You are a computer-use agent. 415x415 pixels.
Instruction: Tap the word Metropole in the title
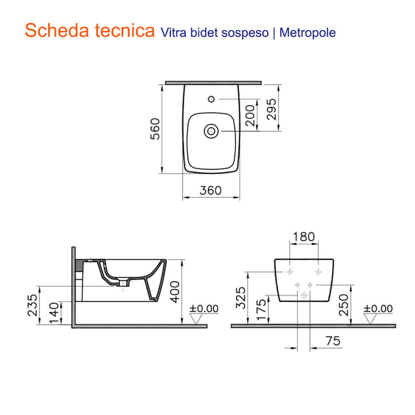point(308,33)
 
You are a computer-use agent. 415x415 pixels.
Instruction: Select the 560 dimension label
point(154,129)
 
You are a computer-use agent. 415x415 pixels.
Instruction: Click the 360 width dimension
point(211,190)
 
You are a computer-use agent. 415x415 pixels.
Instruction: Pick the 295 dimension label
point(271,109)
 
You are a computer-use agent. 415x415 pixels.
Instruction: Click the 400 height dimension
point(176,292)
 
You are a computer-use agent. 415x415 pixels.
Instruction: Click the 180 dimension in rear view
point(303,237)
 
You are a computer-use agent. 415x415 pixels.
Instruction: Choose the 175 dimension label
point(262,309)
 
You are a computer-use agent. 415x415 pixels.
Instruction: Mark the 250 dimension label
point(344,305)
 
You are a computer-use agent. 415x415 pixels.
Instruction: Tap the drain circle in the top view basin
point(211,131)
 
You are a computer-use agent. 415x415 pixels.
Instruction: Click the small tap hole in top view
point(211,99)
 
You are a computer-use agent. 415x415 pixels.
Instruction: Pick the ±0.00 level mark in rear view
point(378,309)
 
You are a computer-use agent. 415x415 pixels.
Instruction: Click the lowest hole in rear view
point(304,295)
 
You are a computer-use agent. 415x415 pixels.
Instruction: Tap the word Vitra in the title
point(169,33)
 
